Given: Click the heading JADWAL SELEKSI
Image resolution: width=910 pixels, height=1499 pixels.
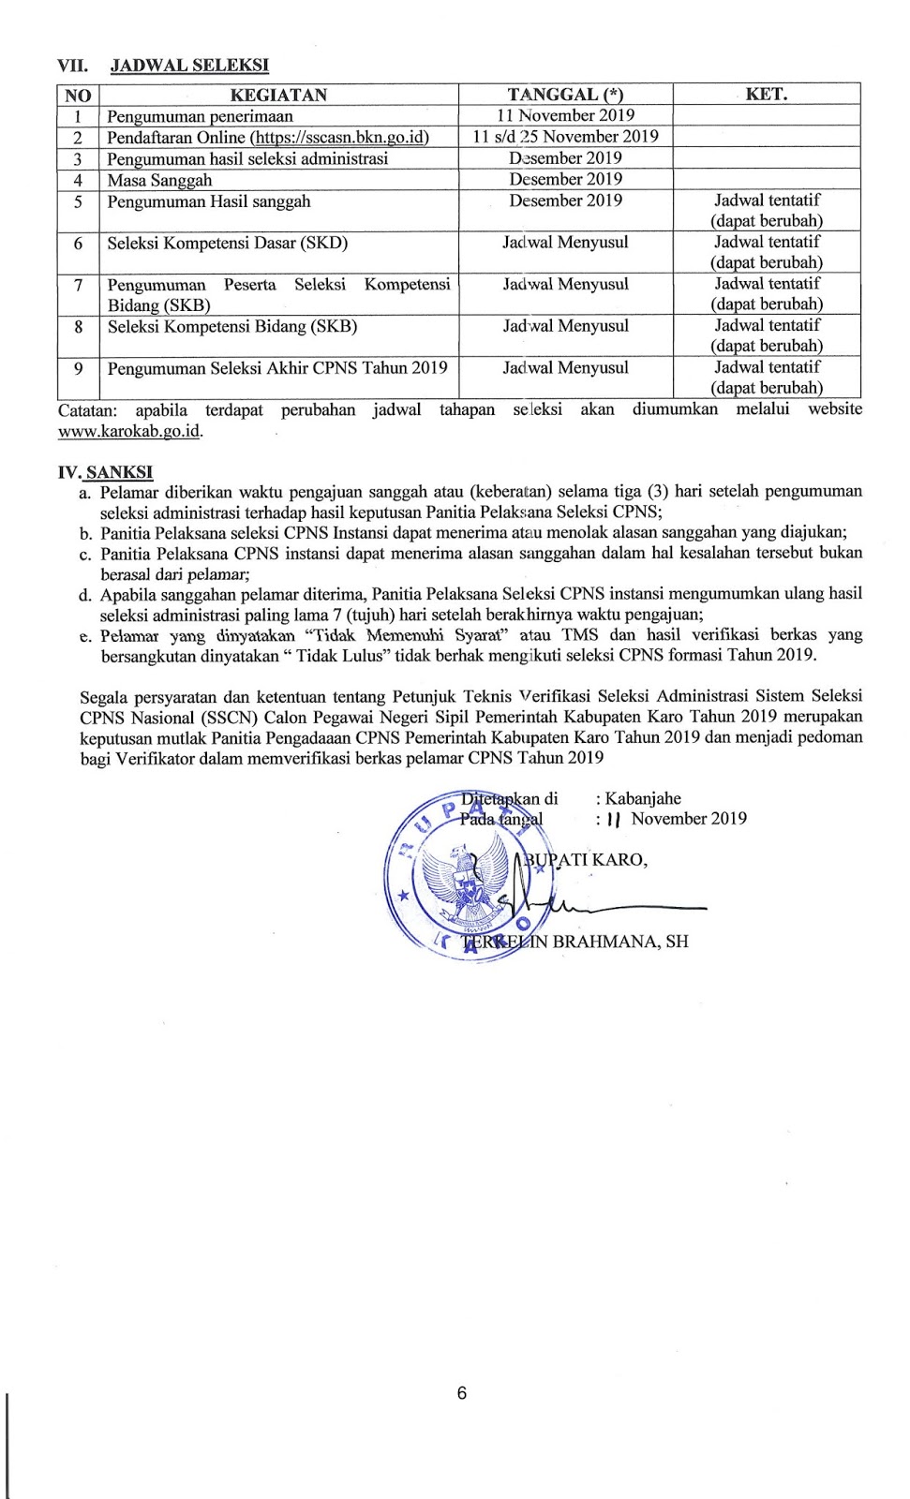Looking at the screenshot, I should [189, 65].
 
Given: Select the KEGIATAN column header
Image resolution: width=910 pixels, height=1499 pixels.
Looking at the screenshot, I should [278, 95].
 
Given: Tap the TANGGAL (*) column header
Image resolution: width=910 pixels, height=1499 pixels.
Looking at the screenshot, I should [565, 95].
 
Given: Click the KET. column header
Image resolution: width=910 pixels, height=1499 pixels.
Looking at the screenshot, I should [766, 95].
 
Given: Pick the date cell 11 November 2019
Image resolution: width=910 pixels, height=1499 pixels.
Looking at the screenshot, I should [565, 115].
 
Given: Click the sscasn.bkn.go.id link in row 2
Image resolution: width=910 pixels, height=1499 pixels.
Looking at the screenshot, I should [339, 137].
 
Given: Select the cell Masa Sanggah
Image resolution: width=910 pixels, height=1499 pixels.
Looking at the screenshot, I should [159, 180].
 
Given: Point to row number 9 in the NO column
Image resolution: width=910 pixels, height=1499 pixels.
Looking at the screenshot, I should [79, 368].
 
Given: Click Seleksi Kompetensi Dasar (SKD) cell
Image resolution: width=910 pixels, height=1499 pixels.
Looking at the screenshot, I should [227, 243].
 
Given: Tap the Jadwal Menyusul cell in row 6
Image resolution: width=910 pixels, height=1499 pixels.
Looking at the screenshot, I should [565, 243].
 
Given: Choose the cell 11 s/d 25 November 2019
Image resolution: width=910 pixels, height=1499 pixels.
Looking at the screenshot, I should [565, 137].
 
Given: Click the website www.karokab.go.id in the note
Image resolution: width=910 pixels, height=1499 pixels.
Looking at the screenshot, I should [129, 432].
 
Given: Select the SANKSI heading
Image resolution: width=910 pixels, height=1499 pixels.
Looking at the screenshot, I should [119, 473].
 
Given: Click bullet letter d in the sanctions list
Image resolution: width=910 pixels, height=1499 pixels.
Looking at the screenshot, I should [84, 595].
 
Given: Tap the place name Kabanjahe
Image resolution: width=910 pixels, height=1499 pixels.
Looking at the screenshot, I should [643, 798].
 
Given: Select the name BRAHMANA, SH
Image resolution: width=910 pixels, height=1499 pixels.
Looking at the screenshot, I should [620, 941].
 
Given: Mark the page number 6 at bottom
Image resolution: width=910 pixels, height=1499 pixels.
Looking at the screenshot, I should [461, 1393].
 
